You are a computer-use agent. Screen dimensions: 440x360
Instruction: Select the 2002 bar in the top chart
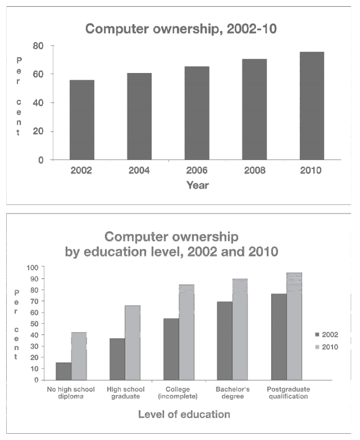(x=82, y=120)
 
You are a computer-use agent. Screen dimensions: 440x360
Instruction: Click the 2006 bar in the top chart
(x=197, y=113)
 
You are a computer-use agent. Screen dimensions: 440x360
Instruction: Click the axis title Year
(x=197, y=185)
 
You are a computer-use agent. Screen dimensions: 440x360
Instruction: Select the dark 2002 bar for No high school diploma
(x=64, y=371)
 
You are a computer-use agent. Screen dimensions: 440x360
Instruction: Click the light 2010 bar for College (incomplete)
(x=187, y=332)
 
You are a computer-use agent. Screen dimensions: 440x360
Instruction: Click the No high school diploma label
(x=71, y=393)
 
